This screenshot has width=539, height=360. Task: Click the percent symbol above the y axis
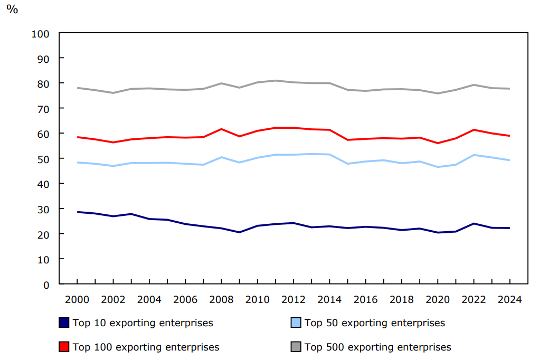[x=12, y=10]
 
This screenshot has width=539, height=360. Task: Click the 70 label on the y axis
[x=43, y=109]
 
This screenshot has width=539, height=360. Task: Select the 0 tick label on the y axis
[x=46, y=285]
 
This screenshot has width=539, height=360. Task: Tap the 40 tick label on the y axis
[x=43, y=184]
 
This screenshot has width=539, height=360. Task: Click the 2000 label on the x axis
[x=77, y=299]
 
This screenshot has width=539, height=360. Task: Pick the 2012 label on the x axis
[x=294, y=299]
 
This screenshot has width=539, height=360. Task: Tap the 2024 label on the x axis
[x=509, y=299]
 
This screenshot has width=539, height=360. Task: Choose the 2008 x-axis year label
[x=221, y=299]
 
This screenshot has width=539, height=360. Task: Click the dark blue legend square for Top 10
[x=64, y=323]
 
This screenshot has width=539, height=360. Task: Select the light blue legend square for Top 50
[x=296, y=323]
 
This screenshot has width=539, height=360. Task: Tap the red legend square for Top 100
[x=64, y=347]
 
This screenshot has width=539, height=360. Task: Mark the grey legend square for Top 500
[x=296, y=347]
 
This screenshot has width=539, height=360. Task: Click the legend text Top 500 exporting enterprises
[x=377, y=347]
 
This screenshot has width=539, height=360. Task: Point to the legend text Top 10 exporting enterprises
[x=143, y=323]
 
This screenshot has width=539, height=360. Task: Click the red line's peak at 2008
[x=221, y=129]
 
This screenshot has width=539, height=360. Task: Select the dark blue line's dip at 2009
[x=239, y=232]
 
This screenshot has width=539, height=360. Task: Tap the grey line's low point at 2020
[x=438, y=93]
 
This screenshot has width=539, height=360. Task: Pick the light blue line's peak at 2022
[x=474, y=155]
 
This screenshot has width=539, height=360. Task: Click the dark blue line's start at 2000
[x=77, y=212]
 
